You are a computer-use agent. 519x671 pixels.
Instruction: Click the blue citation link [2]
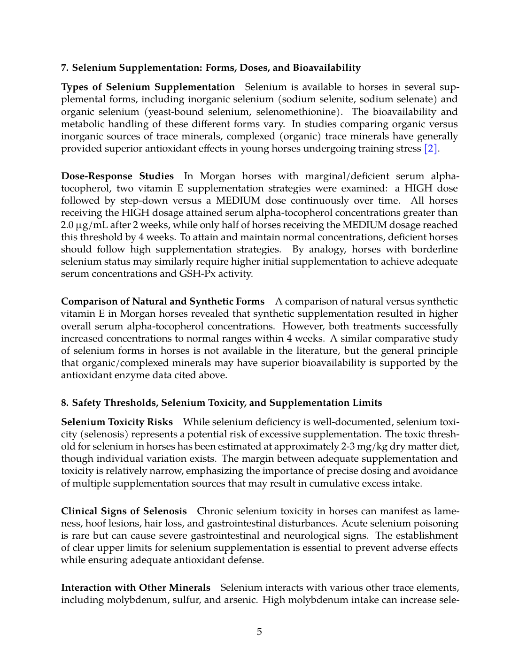click(431, 149)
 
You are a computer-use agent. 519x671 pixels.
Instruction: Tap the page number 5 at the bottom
click(259, 632)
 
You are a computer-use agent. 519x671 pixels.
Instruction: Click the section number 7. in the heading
click(65, 68)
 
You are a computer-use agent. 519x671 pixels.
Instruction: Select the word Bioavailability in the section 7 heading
click(327, 68)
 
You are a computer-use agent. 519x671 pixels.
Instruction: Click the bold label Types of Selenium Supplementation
click(148, 87)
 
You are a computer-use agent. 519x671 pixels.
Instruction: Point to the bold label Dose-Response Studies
click(117, 176)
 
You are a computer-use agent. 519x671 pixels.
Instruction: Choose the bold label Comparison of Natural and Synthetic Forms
click(163, 301)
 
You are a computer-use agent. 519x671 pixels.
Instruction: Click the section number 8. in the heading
click(65, 403)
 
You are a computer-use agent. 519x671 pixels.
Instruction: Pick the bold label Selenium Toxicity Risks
click(117, 422)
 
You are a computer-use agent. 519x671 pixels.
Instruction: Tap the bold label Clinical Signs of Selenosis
click(124, 511)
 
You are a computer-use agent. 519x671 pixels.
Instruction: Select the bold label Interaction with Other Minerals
click(136, 587)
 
